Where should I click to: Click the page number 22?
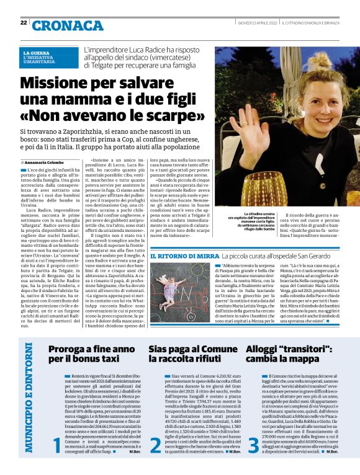click(23, 23)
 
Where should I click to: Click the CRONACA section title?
click(60, 25)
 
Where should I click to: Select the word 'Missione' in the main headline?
click(58, 83)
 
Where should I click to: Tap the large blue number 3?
click(253, 444)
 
